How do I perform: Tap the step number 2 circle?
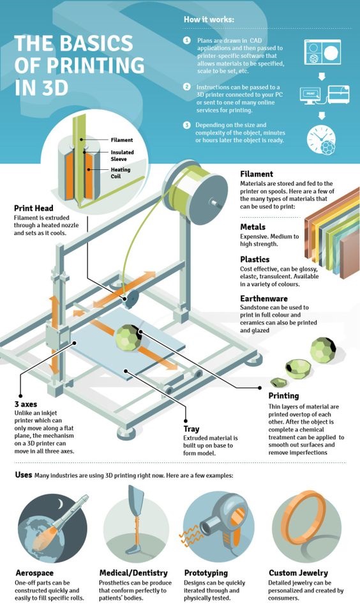(x=187, y=86)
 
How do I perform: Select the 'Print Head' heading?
(x=33, y=208)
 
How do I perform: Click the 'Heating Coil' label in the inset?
(x=121, y=172)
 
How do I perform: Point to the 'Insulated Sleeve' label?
(x=122, y=156)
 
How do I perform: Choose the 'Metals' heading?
(x=253, y=227)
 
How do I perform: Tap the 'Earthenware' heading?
(x=264, y=299)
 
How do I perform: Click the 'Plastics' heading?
(x=255, y=259)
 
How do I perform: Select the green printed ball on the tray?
(x=128, y=337)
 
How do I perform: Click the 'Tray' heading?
(x=191, y=429)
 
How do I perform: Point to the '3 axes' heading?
(x=26, y=404)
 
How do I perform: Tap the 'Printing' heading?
(x=284, y=395)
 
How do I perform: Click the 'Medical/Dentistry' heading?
(x=133, y=573)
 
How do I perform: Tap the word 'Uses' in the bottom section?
(x=24, y=475)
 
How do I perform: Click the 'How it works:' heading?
(x=209, y=19)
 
